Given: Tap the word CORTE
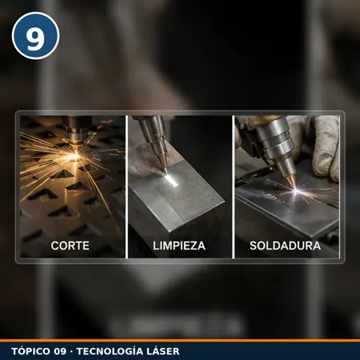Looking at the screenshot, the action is pyautogui.click(x=70, y=245).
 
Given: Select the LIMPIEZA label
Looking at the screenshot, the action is pyautogui.click(x=179, y=245).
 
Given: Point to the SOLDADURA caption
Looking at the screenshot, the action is pyautogui.click(x=285, y=245).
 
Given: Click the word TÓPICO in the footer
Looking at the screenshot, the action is pyautogui.click(x=31, y=351).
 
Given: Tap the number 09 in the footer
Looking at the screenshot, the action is pyautogui.click(x=60, y=352).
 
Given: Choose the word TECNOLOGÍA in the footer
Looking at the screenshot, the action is pyautogui.click(x=110, y=351).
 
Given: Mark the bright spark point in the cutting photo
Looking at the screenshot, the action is pyautogui.click(x=76, y=156).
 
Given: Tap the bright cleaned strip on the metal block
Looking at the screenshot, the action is pyautogui.click(x=172, y=181).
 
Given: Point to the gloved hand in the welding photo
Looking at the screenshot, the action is pyautogui.click(x=323, y=147).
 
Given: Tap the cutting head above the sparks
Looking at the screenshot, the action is pyautogui.click(x=76, y=132).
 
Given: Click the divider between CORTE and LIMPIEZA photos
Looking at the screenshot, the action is pyautogui.click(x=127, y=187).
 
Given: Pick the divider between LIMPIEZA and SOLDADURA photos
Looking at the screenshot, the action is pyautogui.click(x=233, y=187).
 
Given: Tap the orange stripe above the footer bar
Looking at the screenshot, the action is pyautogui.click(x=180, y=341).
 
